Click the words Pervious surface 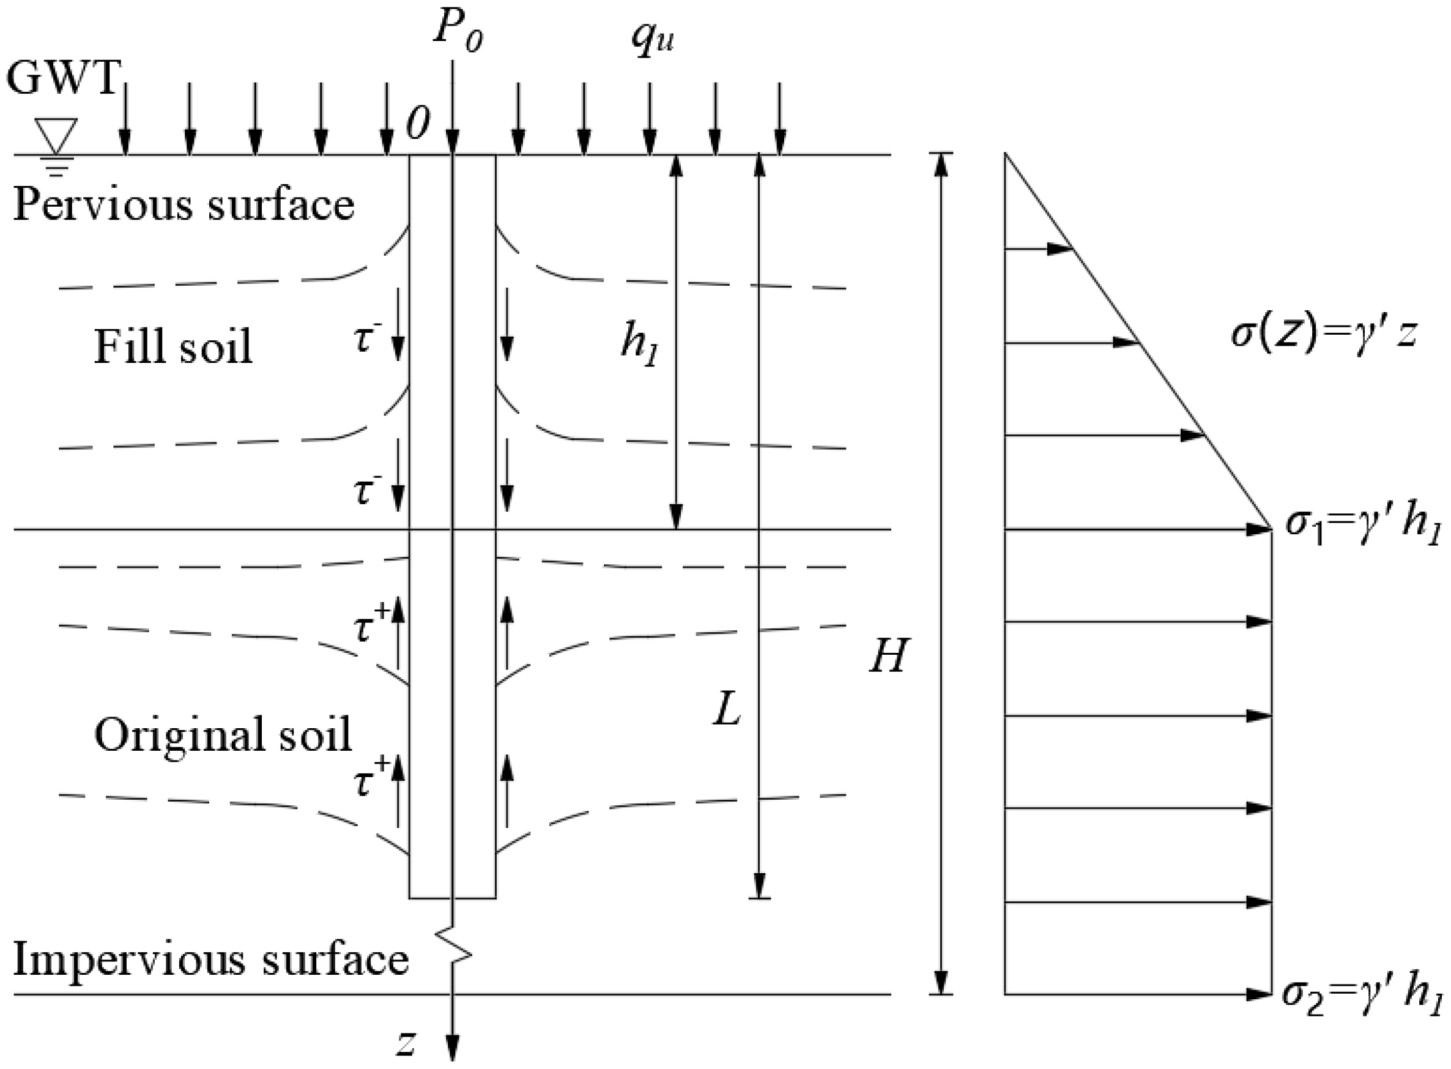(x=184, y=204)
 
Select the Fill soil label (x=173, y=347)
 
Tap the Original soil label (x=223, y=734)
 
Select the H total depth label (x=889, y=655)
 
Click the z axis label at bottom (x=406, y=1042)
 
